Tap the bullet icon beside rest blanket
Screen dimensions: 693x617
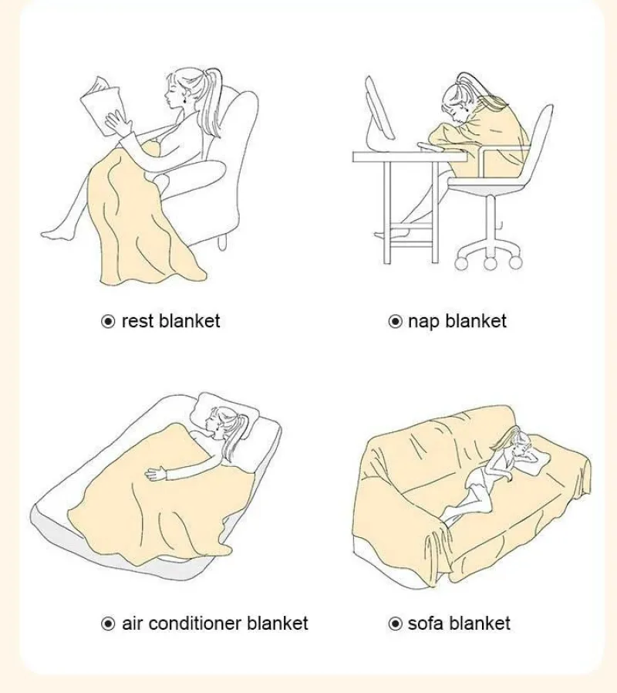(108, 321)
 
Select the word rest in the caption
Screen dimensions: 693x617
(138, 321)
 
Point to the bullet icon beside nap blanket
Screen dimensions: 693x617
(396, 321)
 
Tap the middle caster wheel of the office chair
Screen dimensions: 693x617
(490, 263)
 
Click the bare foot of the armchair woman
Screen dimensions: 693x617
(54, 231)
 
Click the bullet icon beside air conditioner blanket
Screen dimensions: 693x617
(108, 624)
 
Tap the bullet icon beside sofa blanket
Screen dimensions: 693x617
(396, 624)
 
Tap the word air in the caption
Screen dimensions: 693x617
(133, 624)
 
